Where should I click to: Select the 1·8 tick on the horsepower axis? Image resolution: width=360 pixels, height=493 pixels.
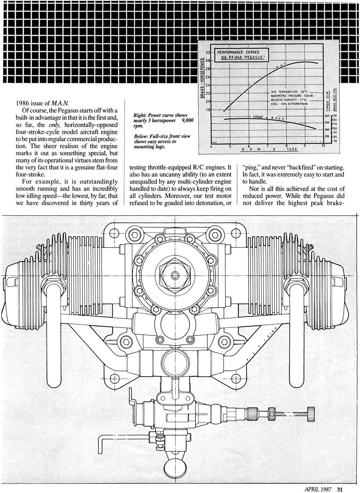click(x=208, y=109)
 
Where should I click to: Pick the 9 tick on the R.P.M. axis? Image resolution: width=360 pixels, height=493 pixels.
click(x=305, y=146)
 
